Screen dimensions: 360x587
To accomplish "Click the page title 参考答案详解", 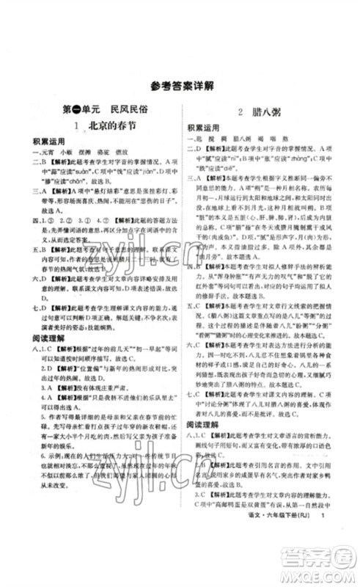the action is [179, 85].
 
